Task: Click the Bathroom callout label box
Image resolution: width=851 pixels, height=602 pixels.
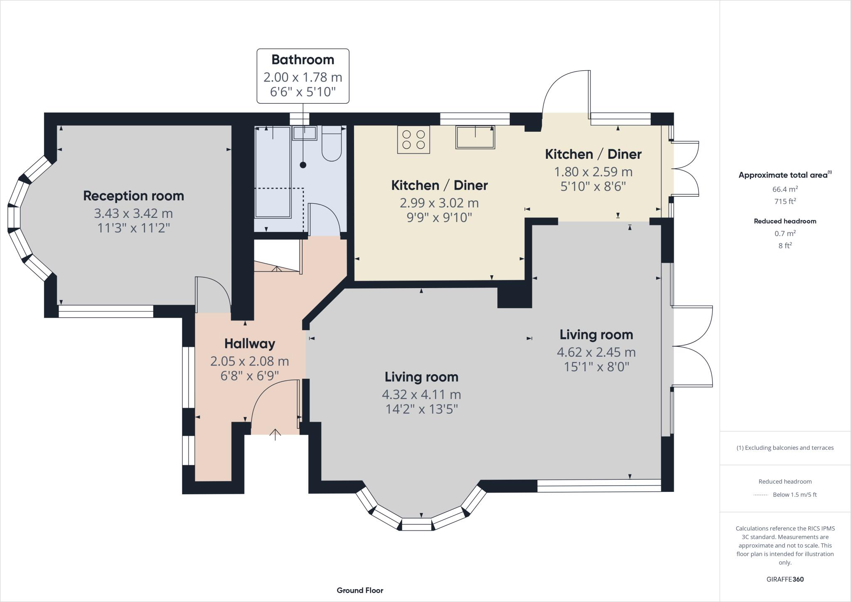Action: pyautogui.click(x=303, y=76)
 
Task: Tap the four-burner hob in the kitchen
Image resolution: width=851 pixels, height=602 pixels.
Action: pyautogui.click(x=413, y=140)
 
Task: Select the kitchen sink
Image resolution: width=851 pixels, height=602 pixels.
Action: pyautogui.click(x=475, y=137)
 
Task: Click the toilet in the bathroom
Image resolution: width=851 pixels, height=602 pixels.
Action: pyautogui.click(x=332, y=143)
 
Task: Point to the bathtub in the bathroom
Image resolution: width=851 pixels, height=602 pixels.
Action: pyautogui.click(x=273, y=172)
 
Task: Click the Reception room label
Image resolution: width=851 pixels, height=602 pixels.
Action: pyautogui.click(x=133, y=196)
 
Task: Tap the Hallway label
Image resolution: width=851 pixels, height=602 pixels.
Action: pyautogui.click(x=250, y=343)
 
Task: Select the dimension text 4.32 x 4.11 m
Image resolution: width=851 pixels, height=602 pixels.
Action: pyautogui.click(x=421, y=394)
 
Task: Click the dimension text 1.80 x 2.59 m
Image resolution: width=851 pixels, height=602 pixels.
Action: pyautogui.click(x=593, y=171)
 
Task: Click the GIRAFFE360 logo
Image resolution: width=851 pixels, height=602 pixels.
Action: pyautogui.click(x=785, y=579)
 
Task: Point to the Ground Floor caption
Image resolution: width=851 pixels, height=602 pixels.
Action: pyautogui.click(x=360, y=590)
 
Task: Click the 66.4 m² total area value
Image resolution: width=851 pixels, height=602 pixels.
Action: pyautogui.click(x=785, y=189)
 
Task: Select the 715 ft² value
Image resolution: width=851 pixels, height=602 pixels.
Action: pyautogui.click(x=785, y=201)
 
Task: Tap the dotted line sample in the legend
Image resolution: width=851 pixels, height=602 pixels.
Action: pyautogui.click(x=760, y=495)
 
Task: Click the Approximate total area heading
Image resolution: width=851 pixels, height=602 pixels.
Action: pyautogui.click(x=785, y=175)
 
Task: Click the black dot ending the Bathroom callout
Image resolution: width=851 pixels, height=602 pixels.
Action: pyautogui.click(x=303, y=165)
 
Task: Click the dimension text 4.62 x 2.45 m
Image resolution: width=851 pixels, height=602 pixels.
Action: pyautogui.click(x=596, y=352)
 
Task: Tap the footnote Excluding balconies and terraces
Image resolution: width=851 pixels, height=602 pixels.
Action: pyautogui.click(x=785, y=448)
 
